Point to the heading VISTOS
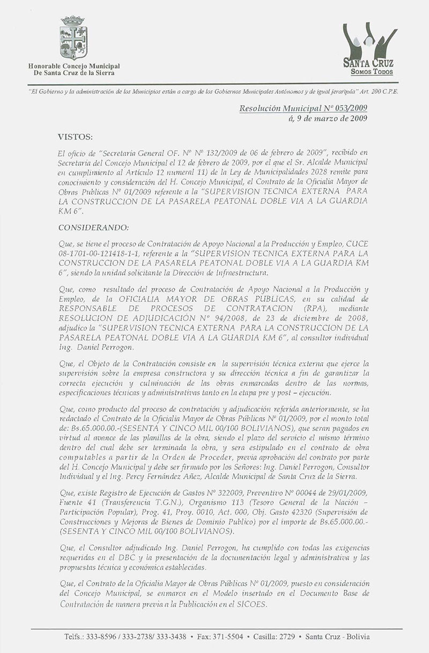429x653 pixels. click(x=75, y=137)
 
